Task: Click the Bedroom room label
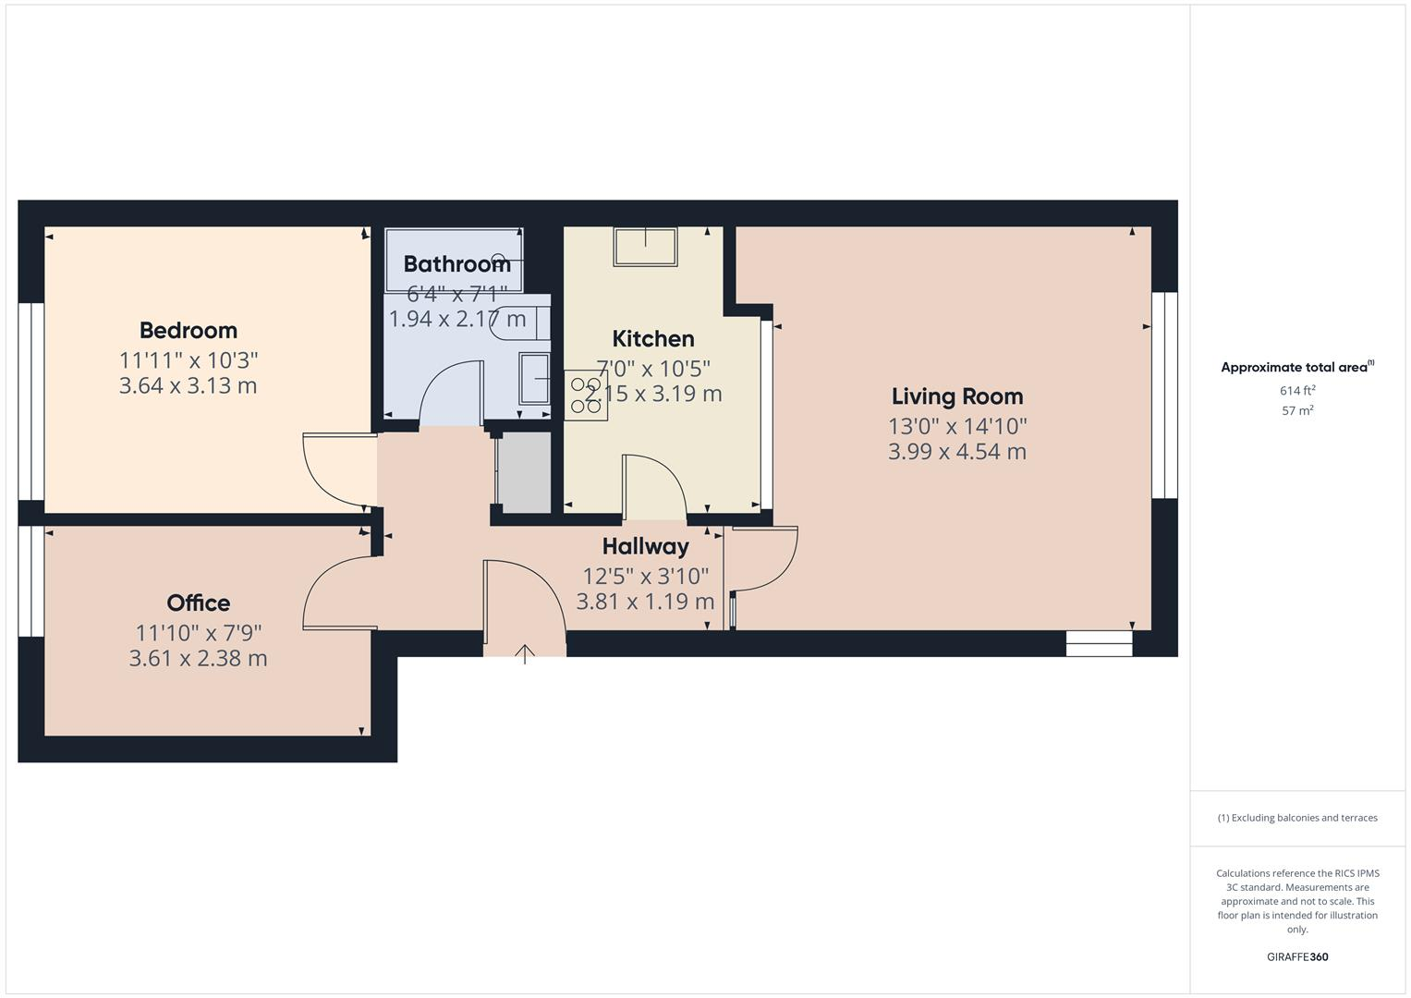[189, 330]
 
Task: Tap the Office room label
[198, 603]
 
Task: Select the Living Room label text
[957, 396]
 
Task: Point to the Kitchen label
[653, 339]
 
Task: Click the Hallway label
[646, 547]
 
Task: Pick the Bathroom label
[456, 264]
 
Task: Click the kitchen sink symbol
[645, 247]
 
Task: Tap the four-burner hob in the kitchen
[586, 396]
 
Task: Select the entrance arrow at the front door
[525, 654]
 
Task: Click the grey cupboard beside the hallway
[524, 471]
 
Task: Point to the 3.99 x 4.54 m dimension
[957, 452]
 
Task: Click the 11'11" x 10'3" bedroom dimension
[189, 359]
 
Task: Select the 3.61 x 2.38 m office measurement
[198, 659]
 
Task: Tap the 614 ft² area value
[1297, 391]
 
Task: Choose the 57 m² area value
[1297, 411]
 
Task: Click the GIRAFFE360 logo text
[1297, 957]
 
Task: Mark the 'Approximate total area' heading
[1295, 368]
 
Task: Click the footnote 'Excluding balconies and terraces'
[1297, 818]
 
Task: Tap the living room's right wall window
[1164, 396]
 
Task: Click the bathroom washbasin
[534, 378]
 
